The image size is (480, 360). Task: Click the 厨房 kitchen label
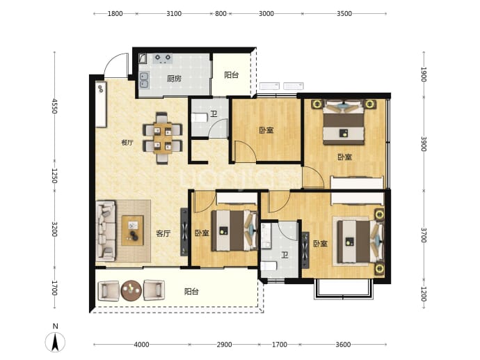[174, 79]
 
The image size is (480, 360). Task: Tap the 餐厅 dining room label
[127, 143]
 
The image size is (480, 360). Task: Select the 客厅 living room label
[163, 234]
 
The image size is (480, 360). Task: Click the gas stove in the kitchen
[163, 58]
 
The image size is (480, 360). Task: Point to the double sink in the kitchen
[144, 80]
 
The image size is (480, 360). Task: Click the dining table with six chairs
[163, 138]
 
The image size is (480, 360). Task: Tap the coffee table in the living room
[133, 230]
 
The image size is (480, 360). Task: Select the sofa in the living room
[106, 230]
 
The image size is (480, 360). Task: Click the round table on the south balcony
[131, 290]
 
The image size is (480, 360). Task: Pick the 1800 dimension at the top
[115, 13]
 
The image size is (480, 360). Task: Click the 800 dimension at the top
[221, 13]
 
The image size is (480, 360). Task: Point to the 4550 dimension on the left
[54, 106]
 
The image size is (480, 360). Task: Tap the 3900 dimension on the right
[424, 143]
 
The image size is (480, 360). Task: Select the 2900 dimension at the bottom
[224, 345]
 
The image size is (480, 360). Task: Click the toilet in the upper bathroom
[200, 118]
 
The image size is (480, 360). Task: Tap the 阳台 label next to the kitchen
[232, 75]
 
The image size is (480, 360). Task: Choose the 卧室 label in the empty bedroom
[266, 130]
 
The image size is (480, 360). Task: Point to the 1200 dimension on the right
[424, 294]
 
